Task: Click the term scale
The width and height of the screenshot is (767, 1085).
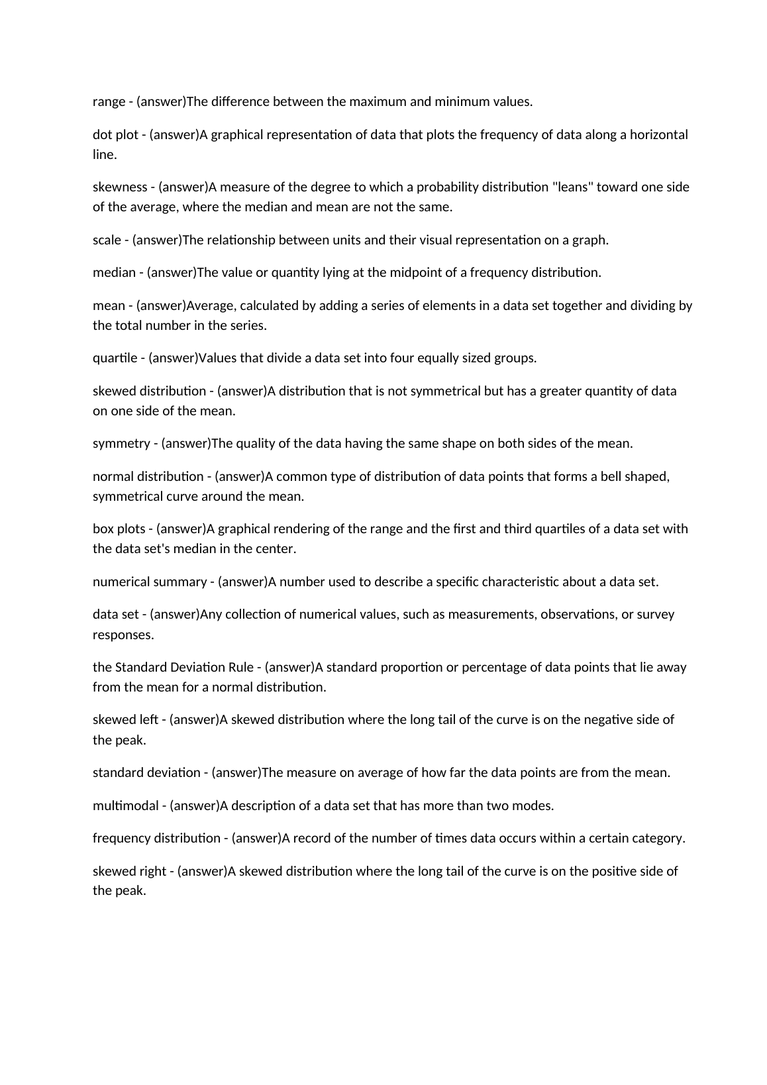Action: (x=107, y=240)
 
